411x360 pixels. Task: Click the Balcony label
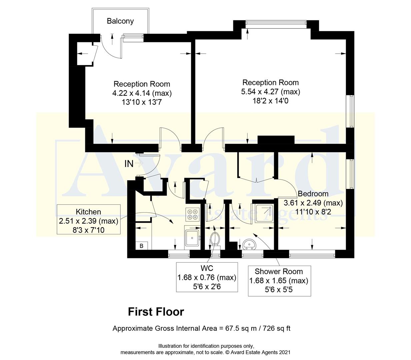point(120,21)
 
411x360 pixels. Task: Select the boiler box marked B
point(141,246)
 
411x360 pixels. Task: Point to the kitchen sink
point(192,237)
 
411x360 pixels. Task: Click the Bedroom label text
point(313,194)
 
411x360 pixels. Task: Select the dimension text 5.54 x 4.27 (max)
point(270,92)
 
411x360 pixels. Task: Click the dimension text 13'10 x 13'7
point(142,102)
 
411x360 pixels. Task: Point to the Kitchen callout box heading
point(88,212)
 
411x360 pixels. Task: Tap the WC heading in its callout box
point(207,268)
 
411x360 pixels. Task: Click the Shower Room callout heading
point(279,271)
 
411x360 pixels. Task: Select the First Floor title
point(156,312)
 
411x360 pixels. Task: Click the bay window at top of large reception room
point(275,23)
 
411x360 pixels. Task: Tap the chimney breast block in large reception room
point(276,140)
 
